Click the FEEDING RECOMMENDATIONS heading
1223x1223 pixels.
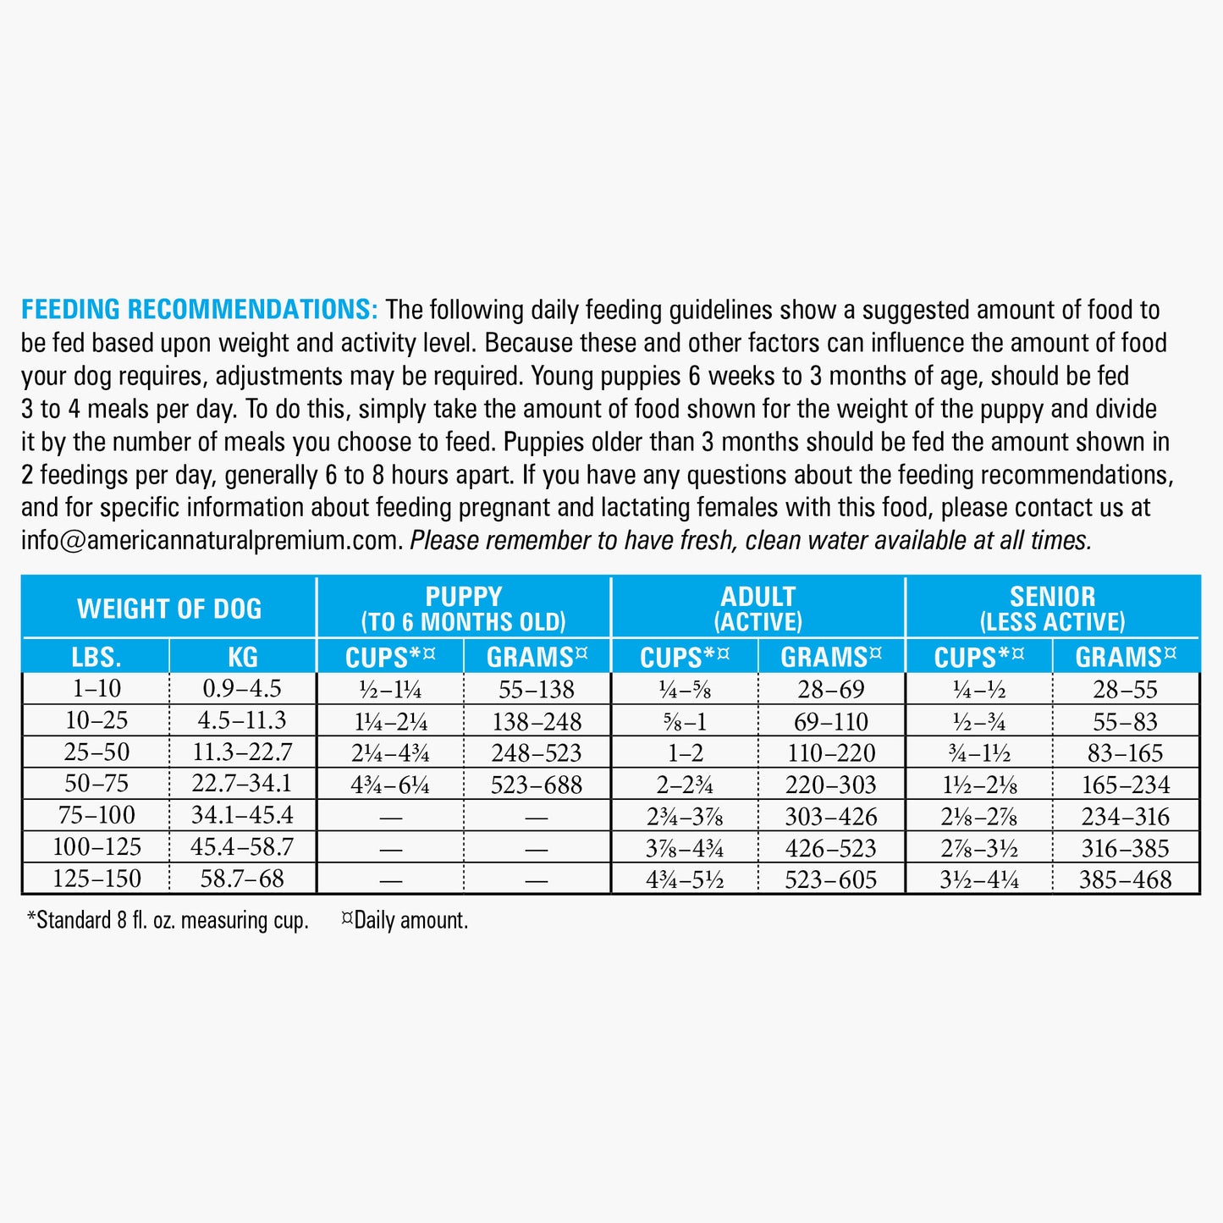(199, 310)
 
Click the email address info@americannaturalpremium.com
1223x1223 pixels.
(210, 540)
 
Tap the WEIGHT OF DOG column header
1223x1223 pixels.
(169, 608)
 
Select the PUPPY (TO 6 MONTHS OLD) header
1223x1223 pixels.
(463, 608)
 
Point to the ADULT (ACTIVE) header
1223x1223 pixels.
(757, 608)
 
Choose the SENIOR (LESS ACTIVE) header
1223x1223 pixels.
(1052, 608)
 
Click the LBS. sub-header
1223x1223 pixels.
(96, 657)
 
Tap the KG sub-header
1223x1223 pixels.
(243, 657)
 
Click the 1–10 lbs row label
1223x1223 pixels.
(96, 689)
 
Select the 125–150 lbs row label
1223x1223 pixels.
(96, 879)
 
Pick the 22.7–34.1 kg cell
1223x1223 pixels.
(242, 784)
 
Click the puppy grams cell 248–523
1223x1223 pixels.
(537, 752)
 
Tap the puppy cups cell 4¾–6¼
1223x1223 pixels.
(390, 785)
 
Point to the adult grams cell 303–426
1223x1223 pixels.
(831, 816)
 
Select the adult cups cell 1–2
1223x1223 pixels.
(685, 752)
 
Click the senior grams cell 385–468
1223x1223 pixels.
(1125, 879)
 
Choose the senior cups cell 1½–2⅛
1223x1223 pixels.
(979, 785)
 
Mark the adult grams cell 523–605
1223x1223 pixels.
(831, 879)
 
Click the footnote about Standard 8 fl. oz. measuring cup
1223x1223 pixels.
(168, 920)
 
